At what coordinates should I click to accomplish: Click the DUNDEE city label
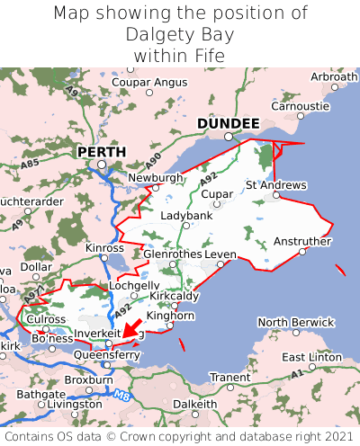[228, 123]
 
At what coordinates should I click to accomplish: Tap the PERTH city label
[101, 152]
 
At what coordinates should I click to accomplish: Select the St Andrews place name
[276, 185]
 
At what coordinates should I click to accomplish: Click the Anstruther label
[302, 241]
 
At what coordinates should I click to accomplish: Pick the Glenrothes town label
[173, 254]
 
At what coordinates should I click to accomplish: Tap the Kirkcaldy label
[175, 295]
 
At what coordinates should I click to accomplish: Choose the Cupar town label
[217, 193]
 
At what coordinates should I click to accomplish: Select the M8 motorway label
[122, 392]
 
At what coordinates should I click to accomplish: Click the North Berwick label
[296, 322]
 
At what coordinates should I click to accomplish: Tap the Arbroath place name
[334, 77]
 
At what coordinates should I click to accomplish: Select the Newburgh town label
[156, 178]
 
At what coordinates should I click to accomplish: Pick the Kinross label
[104, 247]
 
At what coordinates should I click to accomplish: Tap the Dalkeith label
[194, 405]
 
